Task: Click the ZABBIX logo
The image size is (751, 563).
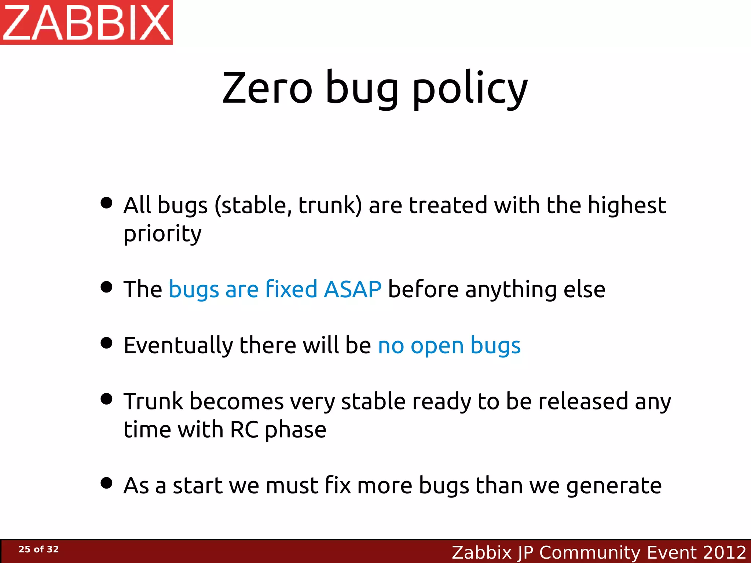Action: click(x=86, y=22)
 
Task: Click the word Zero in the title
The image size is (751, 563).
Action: click(x=267, y=88)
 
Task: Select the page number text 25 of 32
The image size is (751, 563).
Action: click(x=39, y=549)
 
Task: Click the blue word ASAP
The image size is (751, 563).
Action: click(x=352, y=289)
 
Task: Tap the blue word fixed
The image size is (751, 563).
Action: click(x=291, y=289)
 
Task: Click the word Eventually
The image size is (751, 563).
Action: click(x=178, y=346)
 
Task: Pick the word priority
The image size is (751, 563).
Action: click(x=162, y=234)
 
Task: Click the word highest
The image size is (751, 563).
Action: click(x=627, y=205)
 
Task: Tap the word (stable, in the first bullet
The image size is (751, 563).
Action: click(x=253, y=206)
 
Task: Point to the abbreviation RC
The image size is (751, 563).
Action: click(x=244, y=430)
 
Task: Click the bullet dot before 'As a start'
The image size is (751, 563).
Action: click(x=106, y=483)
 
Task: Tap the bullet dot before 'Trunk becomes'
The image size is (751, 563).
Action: click(x=106, y=399)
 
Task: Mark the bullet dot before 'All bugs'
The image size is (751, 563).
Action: click(x=106, y=203)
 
